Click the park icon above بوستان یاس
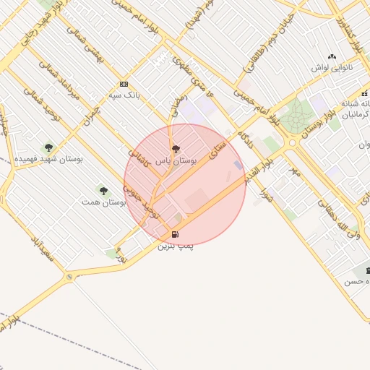176,149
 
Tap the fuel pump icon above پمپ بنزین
175,234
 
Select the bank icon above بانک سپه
124,84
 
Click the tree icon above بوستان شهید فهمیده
48,147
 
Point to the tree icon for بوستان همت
103,191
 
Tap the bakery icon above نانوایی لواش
332,56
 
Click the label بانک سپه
123,95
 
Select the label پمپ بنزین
176,246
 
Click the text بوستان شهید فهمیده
48,158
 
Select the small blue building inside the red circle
238,165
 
